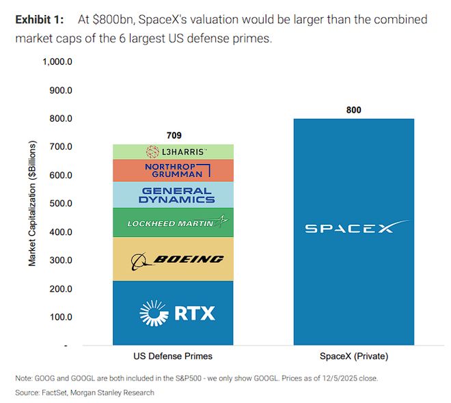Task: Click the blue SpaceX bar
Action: [x=353, y=171]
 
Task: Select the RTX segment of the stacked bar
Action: [x=173, y=313]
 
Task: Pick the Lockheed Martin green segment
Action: [x=173, y=223]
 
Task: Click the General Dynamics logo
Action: [x=176, y=195]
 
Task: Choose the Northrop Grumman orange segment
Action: [x=173, y=171]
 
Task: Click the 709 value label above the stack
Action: [x=174, y=135]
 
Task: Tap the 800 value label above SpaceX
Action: [x=353, y=110]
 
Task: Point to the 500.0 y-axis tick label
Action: [x=61, y=204]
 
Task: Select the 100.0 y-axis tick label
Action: [x=61, y=317]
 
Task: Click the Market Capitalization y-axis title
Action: [x=31, y=204]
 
